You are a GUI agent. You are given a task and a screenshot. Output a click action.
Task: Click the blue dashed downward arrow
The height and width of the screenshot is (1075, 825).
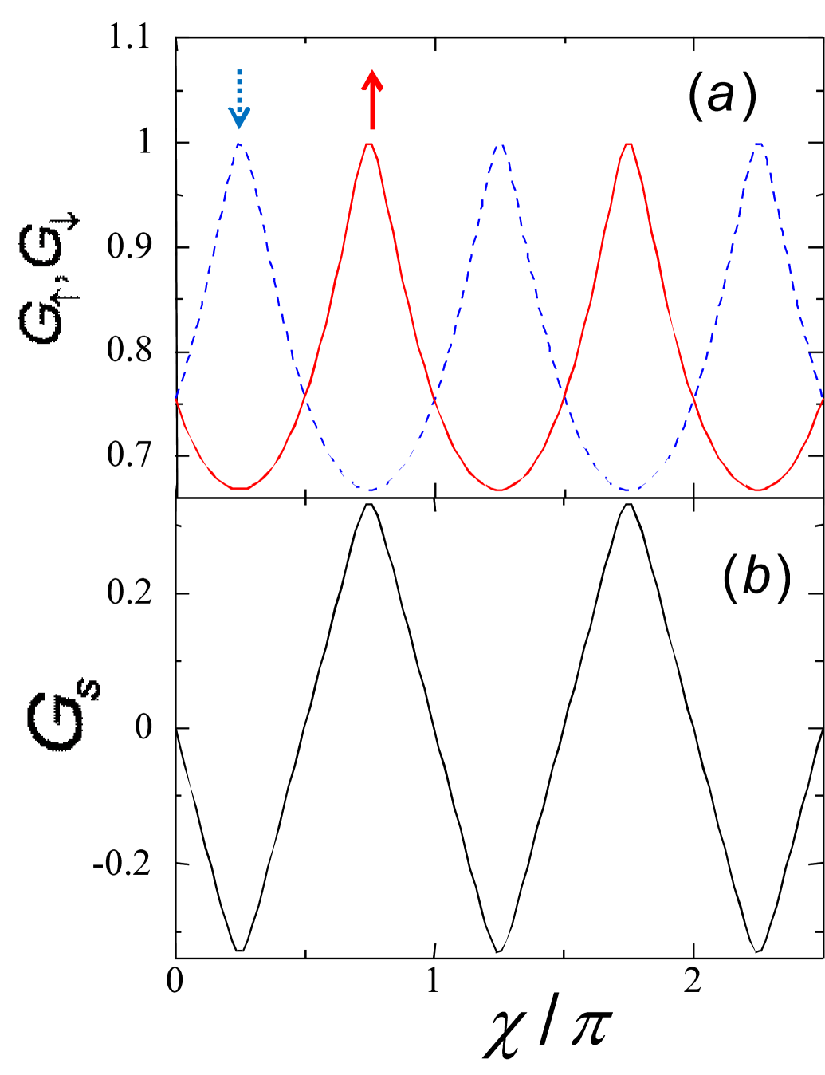[239, 100]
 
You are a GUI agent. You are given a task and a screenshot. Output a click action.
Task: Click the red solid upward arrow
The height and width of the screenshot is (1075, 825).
[372, 100]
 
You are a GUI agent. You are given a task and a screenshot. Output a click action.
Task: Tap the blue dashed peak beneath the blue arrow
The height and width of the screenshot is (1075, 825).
[241, 144]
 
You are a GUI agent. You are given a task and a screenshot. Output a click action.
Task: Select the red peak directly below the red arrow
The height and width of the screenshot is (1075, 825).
[369, 145]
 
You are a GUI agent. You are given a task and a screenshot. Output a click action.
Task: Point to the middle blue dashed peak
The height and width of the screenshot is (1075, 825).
[500, 146]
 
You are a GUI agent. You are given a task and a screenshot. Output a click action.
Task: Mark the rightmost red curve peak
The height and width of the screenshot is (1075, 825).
[629, 145]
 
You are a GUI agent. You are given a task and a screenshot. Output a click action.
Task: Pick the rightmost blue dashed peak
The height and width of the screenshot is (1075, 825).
[760, 145]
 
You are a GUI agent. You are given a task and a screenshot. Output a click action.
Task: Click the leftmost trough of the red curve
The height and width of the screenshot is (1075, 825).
[240, 489]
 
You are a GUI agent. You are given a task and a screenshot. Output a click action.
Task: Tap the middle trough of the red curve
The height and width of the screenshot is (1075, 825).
[500, 490]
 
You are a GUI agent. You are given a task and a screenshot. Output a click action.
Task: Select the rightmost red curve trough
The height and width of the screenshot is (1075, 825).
[759, 490]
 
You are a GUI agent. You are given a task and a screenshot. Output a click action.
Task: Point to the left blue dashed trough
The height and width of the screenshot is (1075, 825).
[370, 490]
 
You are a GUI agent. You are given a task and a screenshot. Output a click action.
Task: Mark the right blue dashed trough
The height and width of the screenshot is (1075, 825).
[630, 491]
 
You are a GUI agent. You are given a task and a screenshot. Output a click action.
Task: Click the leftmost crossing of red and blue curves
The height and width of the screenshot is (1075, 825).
[304, 391]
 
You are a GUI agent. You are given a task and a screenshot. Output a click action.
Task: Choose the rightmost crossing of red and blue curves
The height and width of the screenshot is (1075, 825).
[693, 394]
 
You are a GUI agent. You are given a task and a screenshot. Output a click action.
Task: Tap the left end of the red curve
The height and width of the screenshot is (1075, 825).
[176, 399]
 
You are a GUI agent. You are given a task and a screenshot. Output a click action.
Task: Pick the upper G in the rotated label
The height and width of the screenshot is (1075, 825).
[40, 247]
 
